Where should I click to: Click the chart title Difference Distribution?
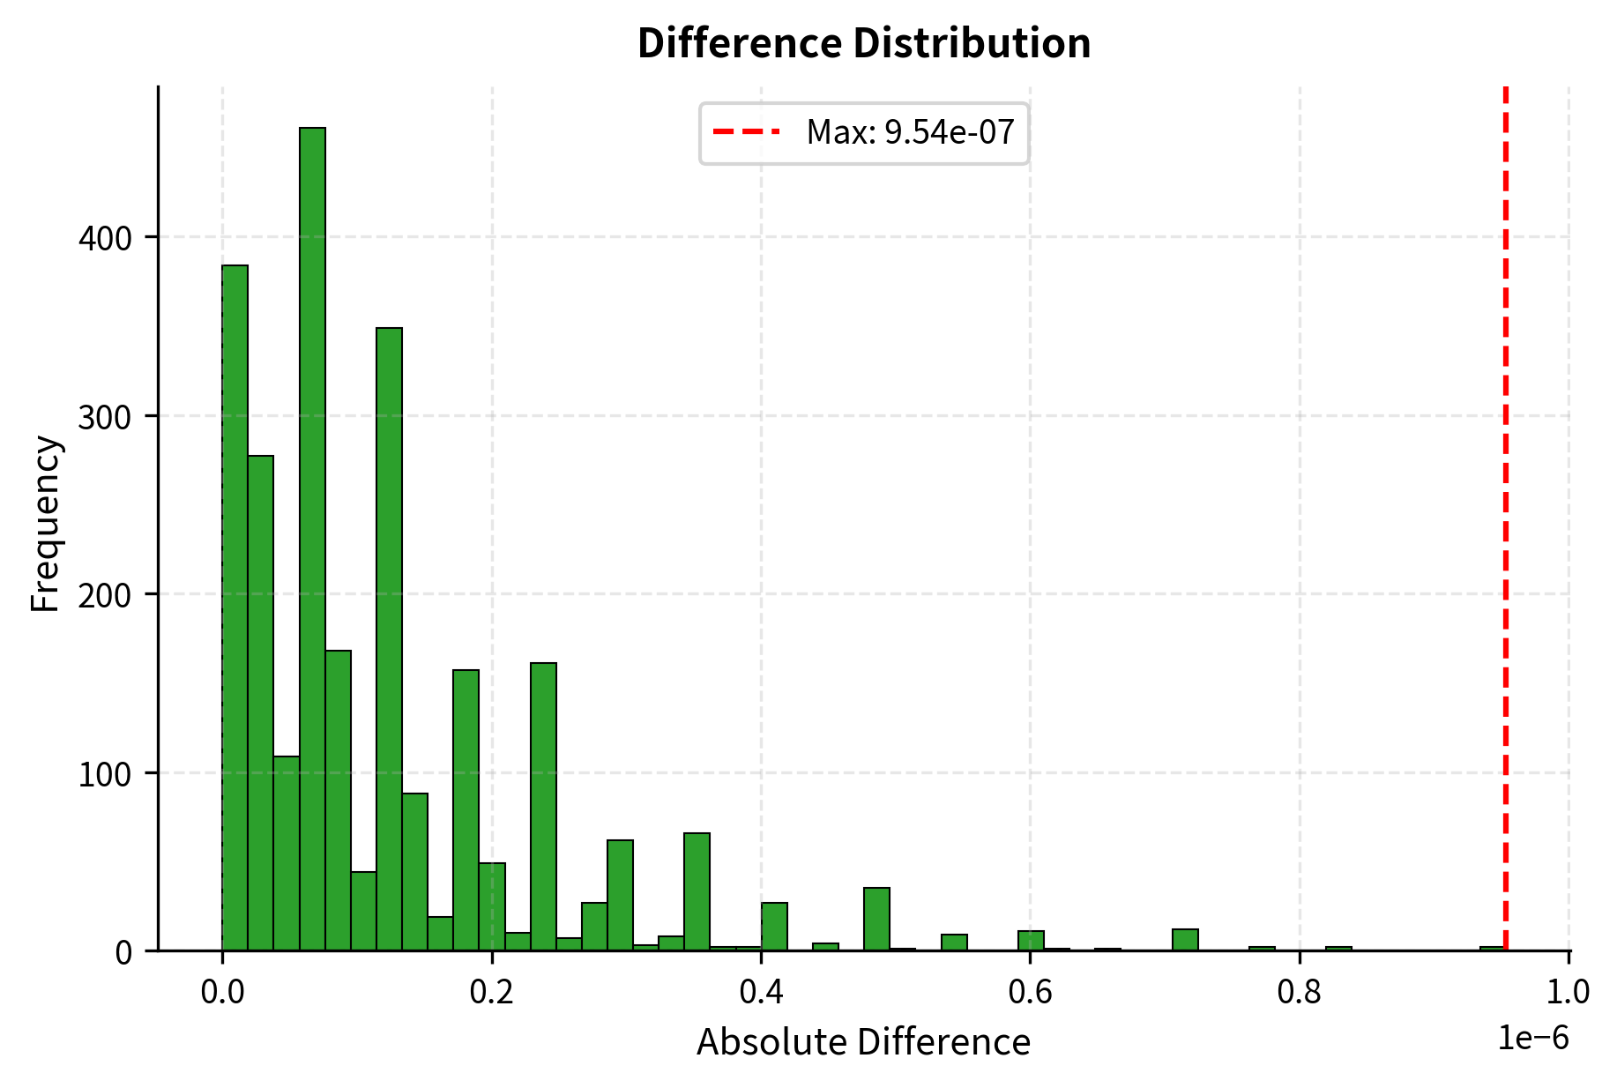coord(864,43)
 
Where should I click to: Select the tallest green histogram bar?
coord(312,538)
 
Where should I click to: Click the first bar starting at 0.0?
coord(235,608)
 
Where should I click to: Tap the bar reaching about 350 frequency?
coord(389,639)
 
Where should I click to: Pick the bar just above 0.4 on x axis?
coord(774,927)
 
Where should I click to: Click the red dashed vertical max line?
coord(1505,529)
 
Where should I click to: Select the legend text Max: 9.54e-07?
coord(911,132)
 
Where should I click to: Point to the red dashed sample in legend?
coord(746,132)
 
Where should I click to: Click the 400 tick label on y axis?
coord(104,238)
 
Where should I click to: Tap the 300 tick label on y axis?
coord(104,416)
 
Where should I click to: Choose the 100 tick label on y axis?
coord(104,773)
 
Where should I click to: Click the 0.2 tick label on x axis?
coord(491,992)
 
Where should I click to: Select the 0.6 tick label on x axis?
coord(1030,992)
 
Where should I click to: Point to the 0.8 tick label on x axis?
coord(1300,992)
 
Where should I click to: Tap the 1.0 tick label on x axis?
coord(1569,992)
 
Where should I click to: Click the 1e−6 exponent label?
coord(1533,1039)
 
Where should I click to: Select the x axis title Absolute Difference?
coord(863,1042)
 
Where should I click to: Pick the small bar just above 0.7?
coord(1185,940)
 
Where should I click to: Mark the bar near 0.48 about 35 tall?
coord(876,920)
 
